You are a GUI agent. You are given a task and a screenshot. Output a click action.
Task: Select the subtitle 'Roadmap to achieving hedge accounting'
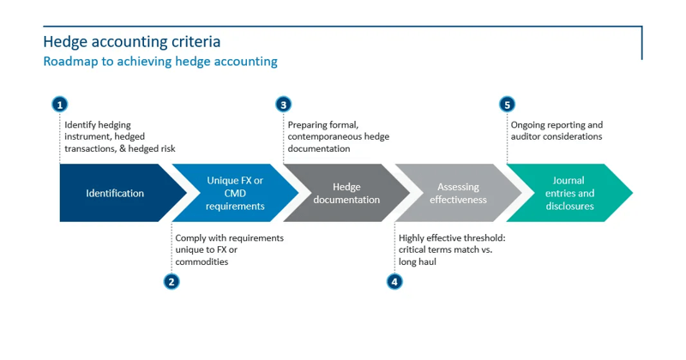tap(159, 62)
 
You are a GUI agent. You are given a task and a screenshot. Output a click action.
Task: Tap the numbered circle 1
tap(59, 105)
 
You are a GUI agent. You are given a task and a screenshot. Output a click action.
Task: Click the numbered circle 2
tap(171, 281)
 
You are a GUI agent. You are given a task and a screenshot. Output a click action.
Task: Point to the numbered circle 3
tap(284, 105)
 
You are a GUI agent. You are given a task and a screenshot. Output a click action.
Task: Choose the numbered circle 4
tap(394, 281)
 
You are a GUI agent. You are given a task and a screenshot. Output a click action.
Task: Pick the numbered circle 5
tap(507, 105)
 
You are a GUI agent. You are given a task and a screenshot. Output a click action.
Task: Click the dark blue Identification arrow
tap(115, 194)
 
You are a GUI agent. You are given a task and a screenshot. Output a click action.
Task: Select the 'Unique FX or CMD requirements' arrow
tap(235, 194)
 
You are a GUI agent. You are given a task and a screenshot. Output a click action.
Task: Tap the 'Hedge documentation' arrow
tap(346, 194)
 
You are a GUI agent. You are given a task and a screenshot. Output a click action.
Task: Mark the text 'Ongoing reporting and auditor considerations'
tap(557, 130)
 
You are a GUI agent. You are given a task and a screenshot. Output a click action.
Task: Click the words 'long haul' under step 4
tap(418, 261)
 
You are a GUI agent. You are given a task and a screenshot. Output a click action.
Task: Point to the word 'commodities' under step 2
tap(202, 261)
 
